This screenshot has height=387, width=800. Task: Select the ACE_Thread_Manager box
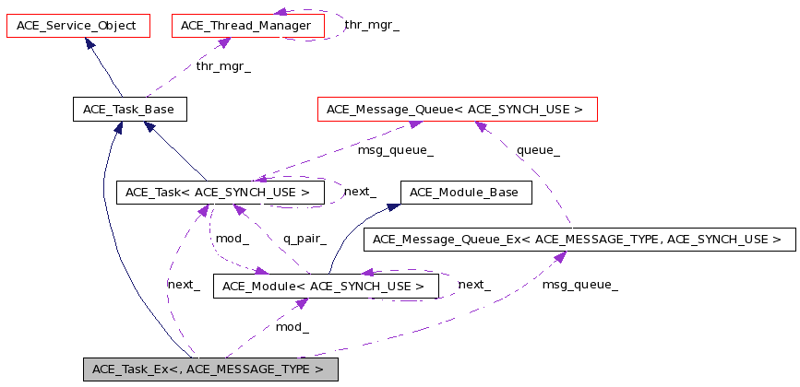tap(248, 26)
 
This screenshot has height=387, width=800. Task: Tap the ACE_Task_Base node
tap(129, 110)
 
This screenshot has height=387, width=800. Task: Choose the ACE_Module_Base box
tap(465, 193)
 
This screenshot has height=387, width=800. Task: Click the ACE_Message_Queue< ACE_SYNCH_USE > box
tap(457, 110)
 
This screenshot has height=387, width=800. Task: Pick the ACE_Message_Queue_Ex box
tap(579, 240)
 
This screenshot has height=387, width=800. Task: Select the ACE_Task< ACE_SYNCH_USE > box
tap(221, 193)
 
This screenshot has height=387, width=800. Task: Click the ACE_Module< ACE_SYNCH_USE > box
tap(324, 287)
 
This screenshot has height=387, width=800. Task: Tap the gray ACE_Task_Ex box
tap(210, 369)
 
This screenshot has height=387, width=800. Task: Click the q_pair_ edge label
tap(304, 239)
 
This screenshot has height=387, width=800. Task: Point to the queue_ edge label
tap(538, 149)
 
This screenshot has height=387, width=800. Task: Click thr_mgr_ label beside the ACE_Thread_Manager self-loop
tap(371, 24)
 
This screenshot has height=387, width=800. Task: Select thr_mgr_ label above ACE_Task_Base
tap(222, 66)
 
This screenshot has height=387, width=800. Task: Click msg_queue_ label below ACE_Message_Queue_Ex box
tap(579, 285)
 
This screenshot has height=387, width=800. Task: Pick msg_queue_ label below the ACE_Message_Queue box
tap(395, 149)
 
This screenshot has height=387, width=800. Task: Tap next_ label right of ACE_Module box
tap(474, 285)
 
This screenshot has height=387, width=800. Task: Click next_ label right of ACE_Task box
tap(360, 192)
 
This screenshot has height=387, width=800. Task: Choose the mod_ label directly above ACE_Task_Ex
tap(293, 326)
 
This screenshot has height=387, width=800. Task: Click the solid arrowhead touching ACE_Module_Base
tap(393, 206)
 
